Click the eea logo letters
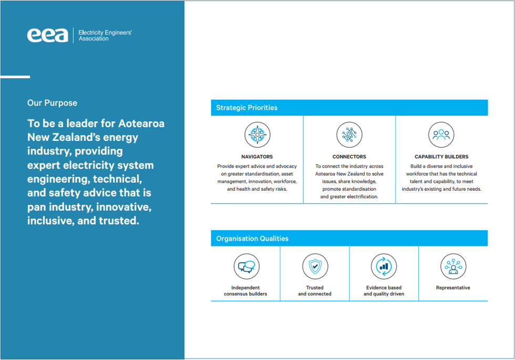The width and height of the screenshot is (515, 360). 47,35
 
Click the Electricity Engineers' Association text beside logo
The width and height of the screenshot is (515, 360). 105,35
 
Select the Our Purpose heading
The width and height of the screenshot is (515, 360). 52,103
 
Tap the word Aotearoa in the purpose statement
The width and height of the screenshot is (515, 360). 141,124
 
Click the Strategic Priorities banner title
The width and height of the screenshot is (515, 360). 246,108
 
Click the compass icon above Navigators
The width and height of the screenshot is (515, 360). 257,135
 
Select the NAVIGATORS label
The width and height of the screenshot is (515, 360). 257,157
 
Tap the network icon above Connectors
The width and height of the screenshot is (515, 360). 349,135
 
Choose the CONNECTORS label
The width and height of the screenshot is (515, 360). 349,157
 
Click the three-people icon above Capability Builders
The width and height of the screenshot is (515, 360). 441,135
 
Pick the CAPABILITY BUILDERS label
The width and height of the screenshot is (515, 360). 441,157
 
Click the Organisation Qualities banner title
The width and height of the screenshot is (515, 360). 252,239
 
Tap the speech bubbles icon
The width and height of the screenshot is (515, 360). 245,266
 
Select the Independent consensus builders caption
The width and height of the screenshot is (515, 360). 245,291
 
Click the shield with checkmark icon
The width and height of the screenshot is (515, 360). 315,266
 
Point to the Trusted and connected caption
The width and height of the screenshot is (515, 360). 315,291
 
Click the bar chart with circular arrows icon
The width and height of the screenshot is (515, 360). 384,266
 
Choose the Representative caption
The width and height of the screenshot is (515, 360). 453,288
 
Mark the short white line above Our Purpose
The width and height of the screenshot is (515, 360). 15,77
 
